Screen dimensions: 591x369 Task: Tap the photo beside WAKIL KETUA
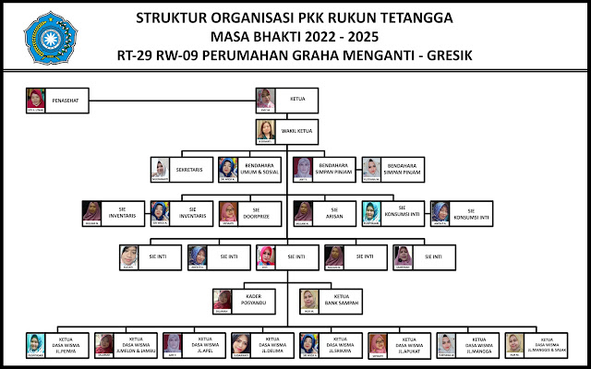[267, 129]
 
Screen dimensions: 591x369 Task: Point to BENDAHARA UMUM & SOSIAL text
[261, 167]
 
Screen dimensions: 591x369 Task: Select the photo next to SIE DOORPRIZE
[229, 212]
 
